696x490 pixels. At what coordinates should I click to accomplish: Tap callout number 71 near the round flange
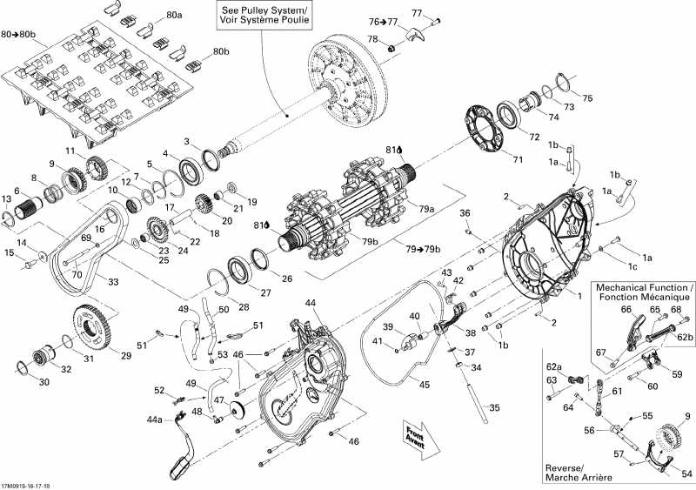pyautogui.click(x=518, y=160)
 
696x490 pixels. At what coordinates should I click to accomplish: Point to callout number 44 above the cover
pyautogui.click(x=311, y=302)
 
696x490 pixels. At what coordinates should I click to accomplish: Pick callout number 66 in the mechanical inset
pyautogui.click(x=626, y=309)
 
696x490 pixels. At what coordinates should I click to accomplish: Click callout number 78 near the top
pyautogui.click(x=372, y=40)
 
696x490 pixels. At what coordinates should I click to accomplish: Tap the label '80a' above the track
pyautogui.click(x=175, y=16)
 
